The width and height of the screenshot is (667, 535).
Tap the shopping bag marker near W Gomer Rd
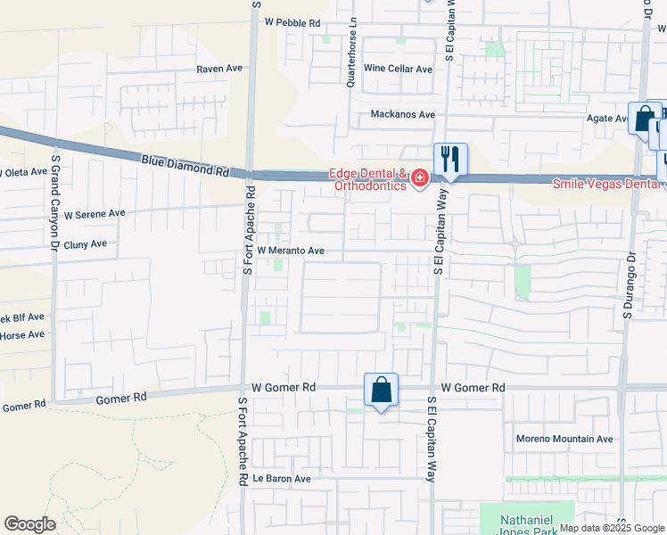tap(381, 391)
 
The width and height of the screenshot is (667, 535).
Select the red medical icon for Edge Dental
tap(418, 180)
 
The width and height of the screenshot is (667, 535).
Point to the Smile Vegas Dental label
tap(608, 184)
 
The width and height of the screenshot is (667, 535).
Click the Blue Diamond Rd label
tap(185, 165)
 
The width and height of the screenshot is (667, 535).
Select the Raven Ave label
tap(219, 69)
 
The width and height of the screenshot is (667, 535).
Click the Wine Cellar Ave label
tap(397, 69)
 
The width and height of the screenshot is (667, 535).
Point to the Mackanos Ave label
tap(403, 114)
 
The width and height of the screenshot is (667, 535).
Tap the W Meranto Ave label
tap(291, 251)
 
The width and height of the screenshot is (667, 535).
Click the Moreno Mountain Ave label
tap(565, 439)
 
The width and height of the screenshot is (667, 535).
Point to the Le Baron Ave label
tap(281, 478)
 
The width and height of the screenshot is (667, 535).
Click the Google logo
tap(29, 524)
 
